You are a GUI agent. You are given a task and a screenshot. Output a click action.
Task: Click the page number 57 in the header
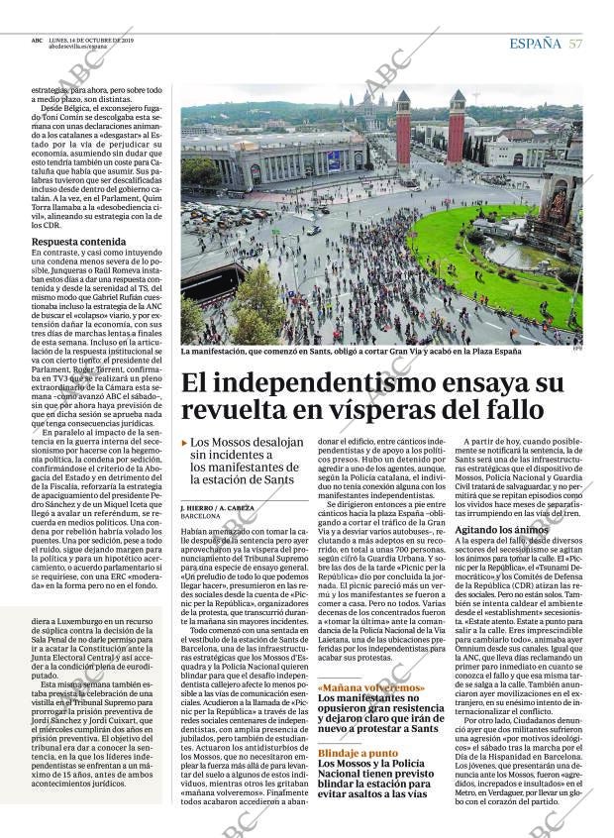(575, 42)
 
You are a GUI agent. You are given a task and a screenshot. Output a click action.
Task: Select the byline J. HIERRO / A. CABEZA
(217, 507)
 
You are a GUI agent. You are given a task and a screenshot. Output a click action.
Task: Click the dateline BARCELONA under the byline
(201, 516)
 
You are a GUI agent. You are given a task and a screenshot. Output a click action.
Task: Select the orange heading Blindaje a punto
(358, 753)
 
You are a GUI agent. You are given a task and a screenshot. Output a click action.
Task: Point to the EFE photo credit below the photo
(575, 347)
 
